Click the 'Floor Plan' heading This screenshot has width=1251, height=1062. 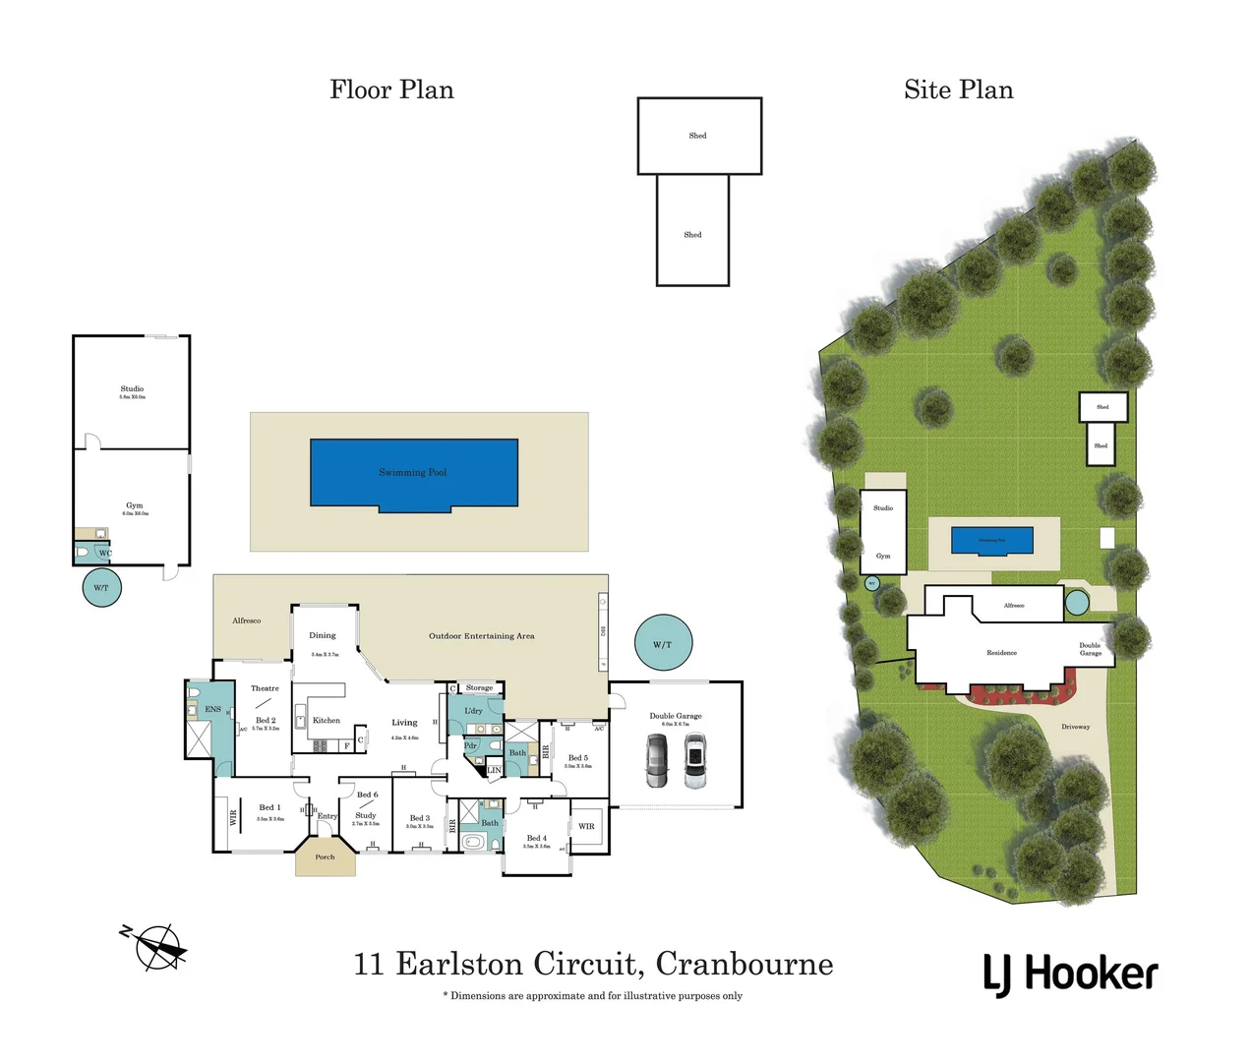(391, 89)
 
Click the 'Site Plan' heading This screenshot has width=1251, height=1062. (958, 89)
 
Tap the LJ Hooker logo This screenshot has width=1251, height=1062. (1070, 973)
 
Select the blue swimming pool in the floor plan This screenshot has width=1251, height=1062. (414, 473)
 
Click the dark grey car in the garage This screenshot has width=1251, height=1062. (656, 760)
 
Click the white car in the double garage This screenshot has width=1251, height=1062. (695, 762)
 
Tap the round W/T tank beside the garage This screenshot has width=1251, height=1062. (663, 644)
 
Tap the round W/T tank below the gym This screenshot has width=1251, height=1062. (101, 587)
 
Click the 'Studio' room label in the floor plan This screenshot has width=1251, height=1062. (132, 389)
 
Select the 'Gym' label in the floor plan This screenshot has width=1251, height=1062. (134, 505)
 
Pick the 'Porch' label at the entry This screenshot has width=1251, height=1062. (325, 857)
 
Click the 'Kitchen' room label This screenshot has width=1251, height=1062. (327, 721)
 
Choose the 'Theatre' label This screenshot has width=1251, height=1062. (265, 688)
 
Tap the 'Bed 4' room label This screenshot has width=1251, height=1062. (536, 839)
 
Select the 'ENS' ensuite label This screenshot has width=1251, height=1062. (212, 709)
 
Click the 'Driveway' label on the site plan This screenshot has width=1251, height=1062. (1075, 727)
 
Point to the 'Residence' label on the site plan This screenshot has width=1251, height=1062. (1001, 653)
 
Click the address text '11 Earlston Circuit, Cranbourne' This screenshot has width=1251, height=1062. (593, 964)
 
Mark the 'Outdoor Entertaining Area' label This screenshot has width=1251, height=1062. (481, 636)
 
